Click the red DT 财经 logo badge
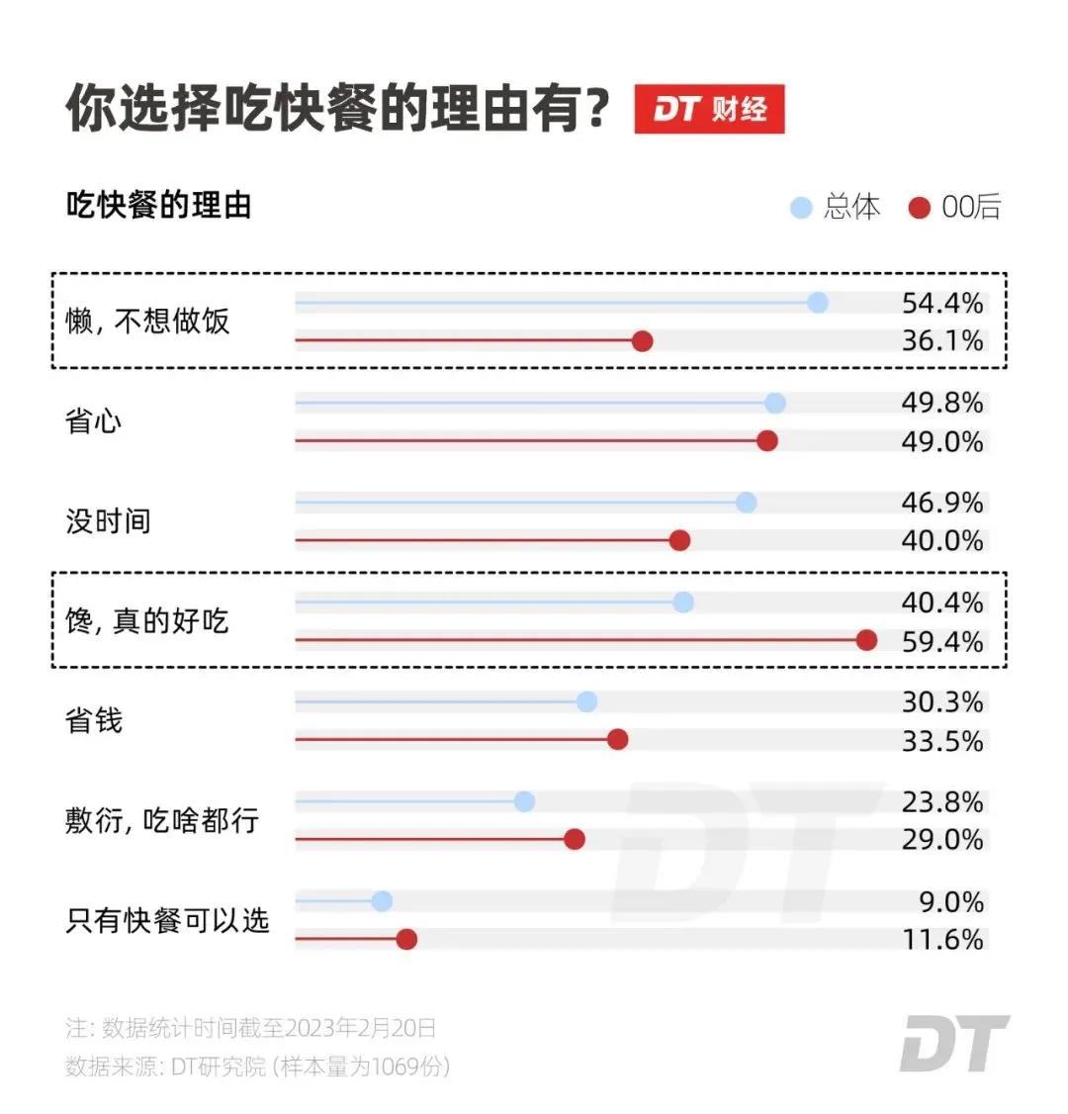[x=709, y=109]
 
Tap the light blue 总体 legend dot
[x=801, y=208]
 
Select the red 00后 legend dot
[x=919, y=208]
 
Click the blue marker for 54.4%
[x=817, y=303]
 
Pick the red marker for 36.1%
[x=642, y=341]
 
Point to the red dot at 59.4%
[x=866, y=640]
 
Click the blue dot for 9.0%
[x=382, y=901]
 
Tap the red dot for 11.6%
[x=406, y=939]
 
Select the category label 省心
[x=94, y=421]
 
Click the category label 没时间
[x=108, y=521]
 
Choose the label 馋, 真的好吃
[x=146, y=621]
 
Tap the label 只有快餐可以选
[x=167, y=920]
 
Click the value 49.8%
[x=941, y=403]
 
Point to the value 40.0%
[x=941, y=540]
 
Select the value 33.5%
[x=941, y=740]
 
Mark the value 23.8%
[x=941, y=801]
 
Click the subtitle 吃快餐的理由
[x=158, y=206]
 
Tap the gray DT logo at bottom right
[x=953, y=1043]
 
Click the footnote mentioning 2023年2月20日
[x=251, y=1028]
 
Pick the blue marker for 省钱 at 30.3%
[x=586, y=701]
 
